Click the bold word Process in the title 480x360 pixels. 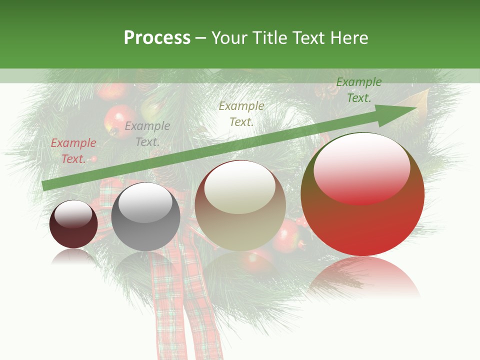tap(157, 38)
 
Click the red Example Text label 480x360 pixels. tap(73, 150)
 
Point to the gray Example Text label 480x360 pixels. tap(147, 134)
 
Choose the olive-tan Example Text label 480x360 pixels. tap(241, 113)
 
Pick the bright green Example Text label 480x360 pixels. tap(358, 90)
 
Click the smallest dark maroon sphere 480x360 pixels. tap(73, 224)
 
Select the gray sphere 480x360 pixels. tap(145, 217)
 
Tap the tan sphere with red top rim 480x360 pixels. tap(240, 205)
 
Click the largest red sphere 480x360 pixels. tap(362, 194)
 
